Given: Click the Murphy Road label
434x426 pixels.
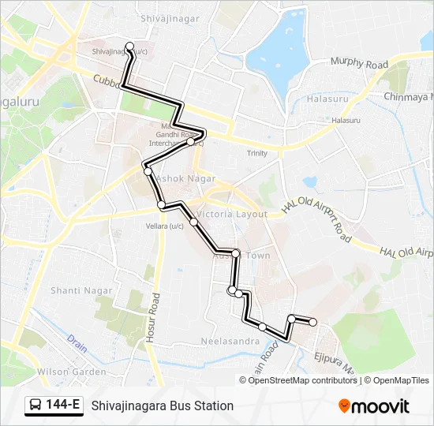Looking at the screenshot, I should (x=359, y=63).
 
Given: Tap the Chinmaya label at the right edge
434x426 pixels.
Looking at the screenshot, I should (x=408, y=96).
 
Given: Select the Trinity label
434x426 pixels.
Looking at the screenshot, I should (x=257, y=153).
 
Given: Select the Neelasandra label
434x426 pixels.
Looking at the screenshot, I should (x=230, y=341).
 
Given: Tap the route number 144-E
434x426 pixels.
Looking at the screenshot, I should (x=63, y=405).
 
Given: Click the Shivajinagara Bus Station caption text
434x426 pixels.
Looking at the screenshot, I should (x=163, y=405).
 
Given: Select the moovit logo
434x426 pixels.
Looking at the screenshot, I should (x=374, y=406).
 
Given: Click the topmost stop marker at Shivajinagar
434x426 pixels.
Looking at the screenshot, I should (x=130, y=46).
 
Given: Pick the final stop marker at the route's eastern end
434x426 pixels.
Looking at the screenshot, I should (x=313, y=322).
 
